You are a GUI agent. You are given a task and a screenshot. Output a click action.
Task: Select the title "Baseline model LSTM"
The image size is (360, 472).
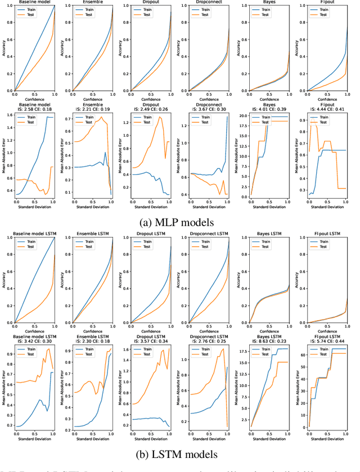pyautogui.click(x=35, y=233)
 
